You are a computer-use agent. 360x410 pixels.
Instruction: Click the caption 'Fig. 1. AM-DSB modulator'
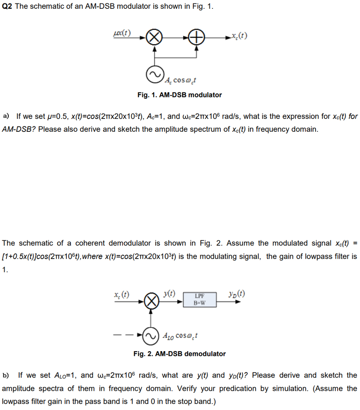[179, 95]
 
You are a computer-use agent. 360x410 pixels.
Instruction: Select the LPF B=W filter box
[199, 299]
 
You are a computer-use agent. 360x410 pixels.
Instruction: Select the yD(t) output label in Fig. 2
[236, 293]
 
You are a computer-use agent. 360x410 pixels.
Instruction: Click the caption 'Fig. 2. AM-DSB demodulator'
[179, 354]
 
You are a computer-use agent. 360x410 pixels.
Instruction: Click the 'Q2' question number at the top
[8, 7]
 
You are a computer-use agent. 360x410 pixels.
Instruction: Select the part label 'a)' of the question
[6, 116]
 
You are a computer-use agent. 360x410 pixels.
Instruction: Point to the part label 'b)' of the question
[6, 375]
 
